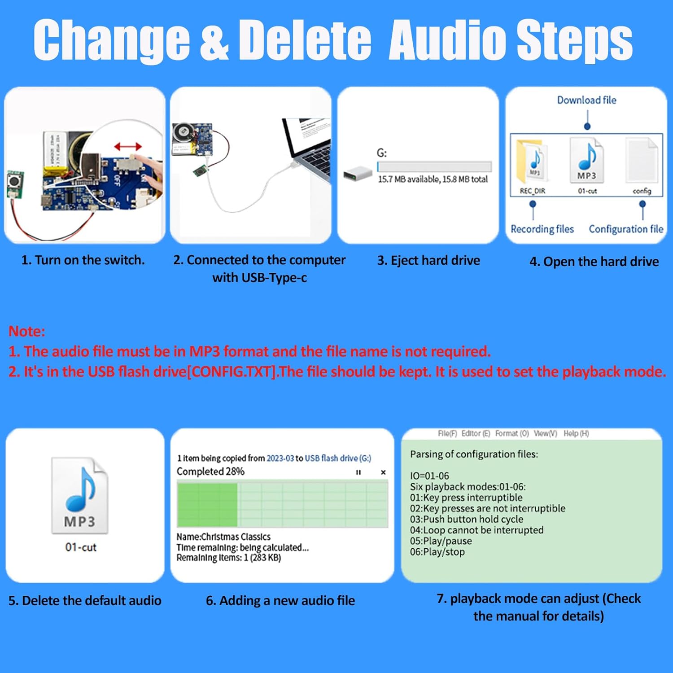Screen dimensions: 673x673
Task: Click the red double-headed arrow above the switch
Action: (128, 147)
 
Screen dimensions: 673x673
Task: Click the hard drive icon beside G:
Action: (358, 174)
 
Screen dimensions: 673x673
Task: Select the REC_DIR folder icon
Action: (533, 162)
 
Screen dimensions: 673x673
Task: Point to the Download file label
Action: (586, 100)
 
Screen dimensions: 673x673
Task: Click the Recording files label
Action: (542, 229)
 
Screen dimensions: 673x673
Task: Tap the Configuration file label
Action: (626, 229)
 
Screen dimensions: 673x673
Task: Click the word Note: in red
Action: (27, 332)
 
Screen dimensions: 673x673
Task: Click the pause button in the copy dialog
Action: (358, 472)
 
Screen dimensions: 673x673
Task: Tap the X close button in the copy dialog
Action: (383, 472)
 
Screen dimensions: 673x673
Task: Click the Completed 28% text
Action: (210, 472)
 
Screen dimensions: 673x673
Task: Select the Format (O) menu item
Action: (512, 433)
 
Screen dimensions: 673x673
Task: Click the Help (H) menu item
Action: (576, 433)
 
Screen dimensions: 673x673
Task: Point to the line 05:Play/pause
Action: (441, 541)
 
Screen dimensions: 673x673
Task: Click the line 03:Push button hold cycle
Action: (467, 520)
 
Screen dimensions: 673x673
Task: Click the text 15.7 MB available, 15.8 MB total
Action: (433, 179)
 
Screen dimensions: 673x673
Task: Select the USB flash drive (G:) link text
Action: (338, 459)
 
